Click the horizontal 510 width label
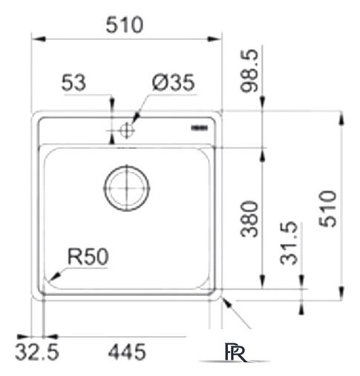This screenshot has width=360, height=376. (x=125, y=25)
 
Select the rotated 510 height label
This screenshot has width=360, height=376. (x=328, y=208)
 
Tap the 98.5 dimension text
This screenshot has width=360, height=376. (x=249, y=70)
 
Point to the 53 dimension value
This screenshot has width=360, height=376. (x=73, y=82)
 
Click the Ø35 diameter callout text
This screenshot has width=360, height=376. (x=174, y=82)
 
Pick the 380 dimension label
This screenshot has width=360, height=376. (x=249, y=219)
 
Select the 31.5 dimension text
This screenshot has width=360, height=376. (x=289, y=243)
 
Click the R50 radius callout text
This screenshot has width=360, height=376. (x=88, y=257)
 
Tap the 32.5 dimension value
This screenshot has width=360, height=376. (x=37, y=352)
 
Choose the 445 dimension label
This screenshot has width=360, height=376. (x=127, y=352)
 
